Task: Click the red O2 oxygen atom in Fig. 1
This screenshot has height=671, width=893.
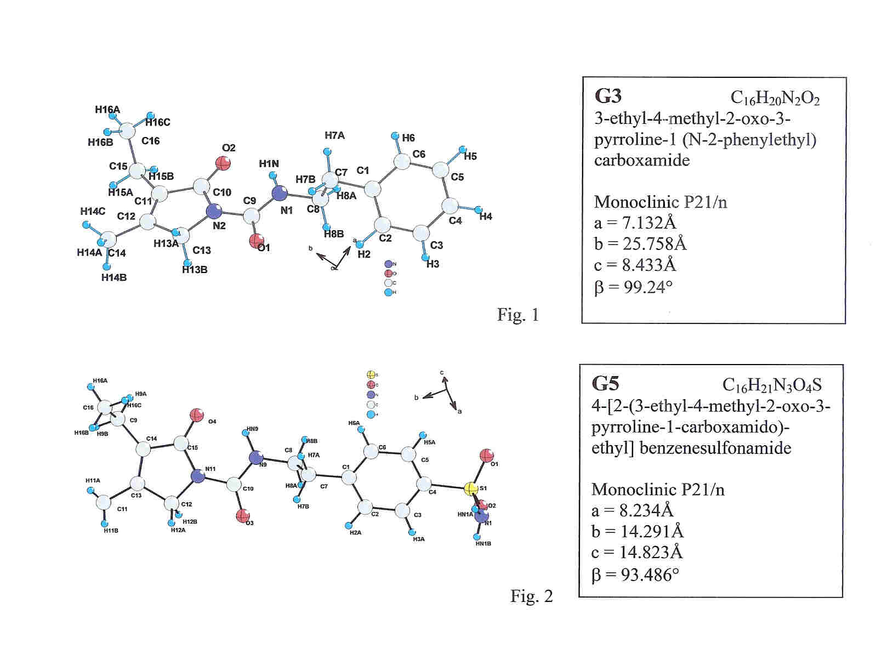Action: (x=223, y=163)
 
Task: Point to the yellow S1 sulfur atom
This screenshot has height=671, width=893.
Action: (x=470, y=489)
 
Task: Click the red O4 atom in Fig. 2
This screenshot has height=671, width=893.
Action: (x=196, y=414)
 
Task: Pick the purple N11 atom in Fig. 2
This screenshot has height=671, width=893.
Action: (x=197, y=476)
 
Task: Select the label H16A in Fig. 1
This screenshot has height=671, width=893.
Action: (x=107, y=110)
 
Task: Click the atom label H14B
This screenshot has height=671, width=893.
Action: (x=114, y=277)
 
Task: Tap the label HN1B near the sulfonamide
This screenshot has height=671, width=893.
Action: (x=483, y=544)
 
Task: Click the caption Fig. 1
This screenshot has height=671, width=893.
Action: (x=518, y=315)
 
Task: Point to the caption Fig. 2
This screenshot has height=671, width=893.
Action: (x=531, y=596)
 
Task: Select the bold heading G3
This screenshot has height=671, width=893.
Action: (x=608, y=96)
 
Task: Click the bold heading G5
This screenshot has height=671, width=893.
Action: (x=606, y=384)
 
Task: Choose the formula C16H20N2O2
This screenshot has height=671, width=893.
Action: (x=775, y=98)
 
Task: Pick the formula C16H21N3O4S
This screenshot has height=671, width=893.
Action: (x=772, y=385)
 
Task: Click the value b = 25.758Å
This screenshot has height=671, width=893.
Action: (x=640, y=244)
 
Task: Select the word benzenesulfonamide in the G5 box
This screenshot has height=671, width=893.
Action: (x=715, y=448)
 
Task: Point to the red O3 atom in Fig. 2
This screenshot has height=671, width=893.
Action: (x=243, y=515)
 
